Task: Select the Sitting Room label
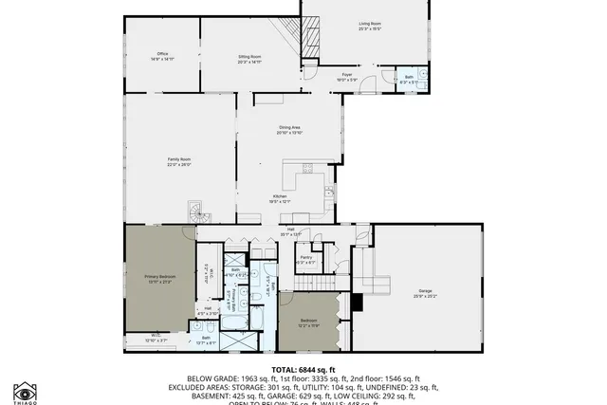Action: pos(249,59)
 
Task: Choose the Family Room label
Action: pos(179,161)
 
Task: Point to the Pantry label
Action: pos(306,259)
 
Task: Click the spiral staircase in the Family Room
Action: pos(194,212)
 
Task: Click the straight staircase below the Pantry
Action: pos(313,285)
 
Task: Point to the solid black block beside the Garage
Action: pos(357,303)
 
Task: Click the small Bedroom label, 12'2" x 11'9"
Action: pos(308,322)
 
